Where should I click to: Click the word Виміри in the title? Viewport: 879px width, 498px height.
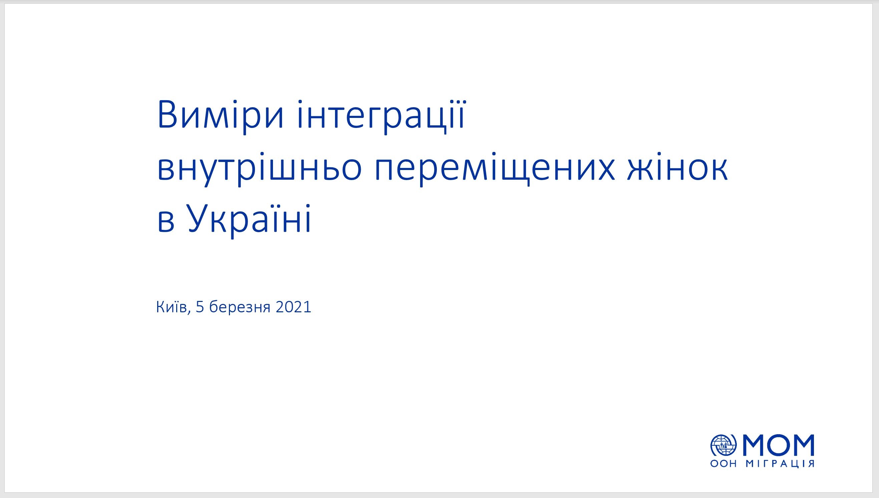pos(220,116)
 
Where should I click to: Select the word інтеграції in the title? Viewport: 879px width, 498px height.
pos(381,116)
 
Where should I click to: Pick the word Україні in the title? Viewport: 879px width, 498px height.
pos(248,219)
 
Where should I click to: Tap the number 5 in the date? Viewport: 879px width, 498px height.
pos(200,307)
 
